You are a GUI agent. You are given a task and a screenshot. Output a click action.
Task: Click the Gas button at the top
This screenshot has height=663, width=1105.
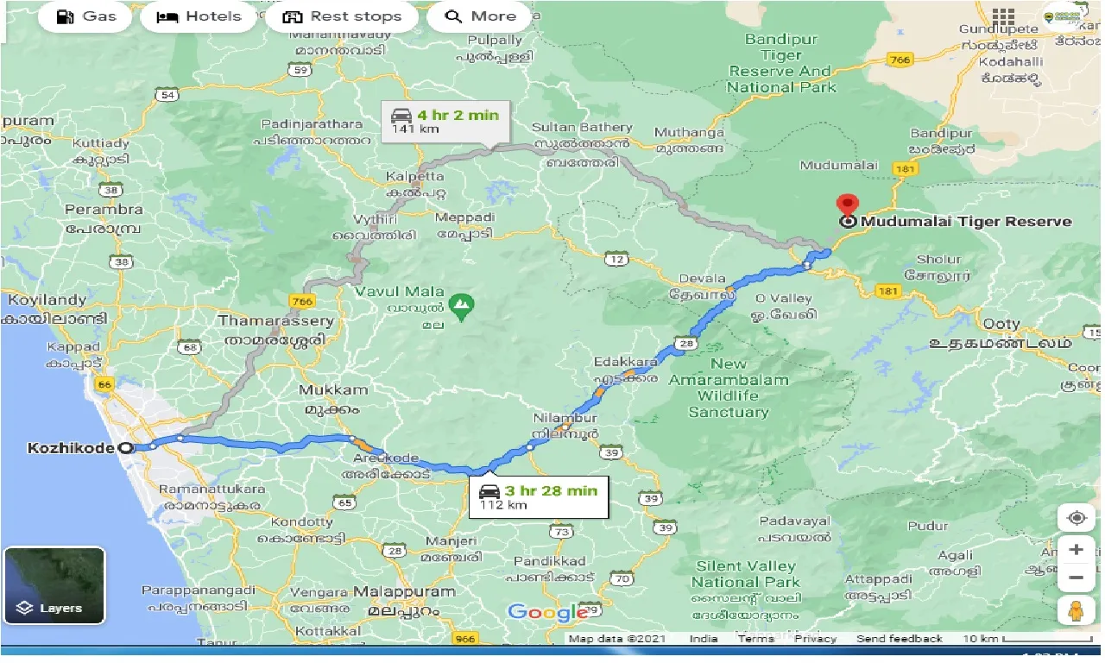[86, 16]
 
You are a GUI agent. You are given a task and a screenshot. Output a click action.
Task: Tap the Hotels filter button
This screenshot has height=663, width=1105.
[199, 16]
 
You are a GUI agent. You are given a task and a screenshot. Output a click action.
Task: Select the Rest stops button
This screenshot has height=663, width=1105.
[342, 16]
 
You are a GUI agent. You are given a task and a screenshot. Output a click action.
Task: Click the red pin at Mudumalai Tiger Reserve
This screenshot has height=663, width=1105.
[848, 205]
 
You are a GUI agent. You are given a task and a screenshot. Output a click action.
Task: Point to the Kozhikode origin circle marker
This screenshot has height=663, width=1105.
[128, 448]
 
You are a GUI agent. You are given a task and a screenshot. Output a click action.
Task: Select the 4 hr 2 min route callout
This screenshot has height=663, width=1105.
[445, 122]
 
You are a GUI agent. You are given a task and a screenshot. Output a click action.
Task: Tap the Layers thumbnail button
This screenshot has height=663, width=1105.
[54, 585]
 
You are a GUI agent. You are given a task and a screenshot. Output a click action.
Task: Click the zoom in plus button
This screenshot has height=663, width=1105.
[1076, 549]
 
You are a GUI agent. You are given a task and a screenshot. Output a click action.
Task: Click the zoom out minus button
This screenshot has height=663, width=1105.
[1076, 578]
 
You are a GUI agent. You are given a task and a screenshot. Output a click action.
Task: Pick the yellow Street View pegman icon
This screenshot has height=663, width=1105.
[1076, 609]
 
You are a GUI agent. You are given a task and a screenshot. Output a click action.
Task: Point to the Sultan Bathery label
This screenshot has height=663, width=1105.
[582, 128]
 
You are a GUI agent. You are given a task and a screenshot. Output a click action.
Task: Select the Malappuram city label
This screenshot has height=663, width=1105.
[404, 592]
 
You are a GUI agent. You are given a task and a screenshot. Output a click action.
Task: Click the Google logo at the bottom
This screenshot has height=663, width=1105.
[547, 612]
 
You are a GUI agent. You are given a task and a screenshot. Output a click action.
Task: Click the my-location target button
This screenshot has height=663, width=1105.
[1076, 518]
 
